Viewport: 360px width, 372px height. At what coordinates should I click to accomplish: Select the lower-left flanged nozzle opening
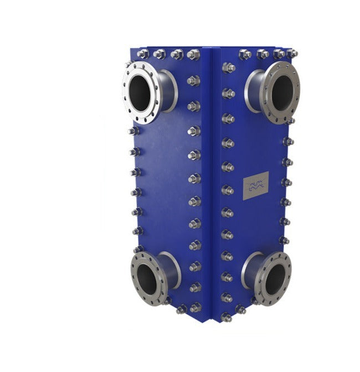pos(147,276)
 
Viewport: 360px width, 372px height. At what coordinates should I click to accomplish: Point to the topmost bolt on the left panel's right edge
pos(193,80)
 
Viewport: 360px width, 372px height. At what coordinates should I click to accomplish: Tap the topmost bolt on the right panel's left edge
pos(228,68)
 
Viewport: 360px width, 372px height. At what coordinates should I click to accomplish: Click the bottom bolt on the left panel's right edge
pos(194,307)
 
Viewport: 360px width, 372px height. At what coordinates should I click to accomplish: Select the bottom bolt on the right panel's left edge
pos(226,317)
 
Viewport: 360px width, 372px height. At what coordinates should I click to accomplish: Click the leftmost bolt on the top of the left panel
pos(143,54)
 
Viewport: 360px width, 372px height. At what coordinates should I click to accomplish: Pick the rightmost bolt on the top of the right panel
pos(291,54)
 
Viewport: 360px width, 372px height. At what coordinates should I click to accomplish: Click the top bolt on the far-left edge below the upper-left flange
pos(133,131)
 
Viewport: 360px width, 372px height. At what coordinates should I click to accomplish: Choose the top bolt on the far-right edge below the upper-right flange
pos(288,141)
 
